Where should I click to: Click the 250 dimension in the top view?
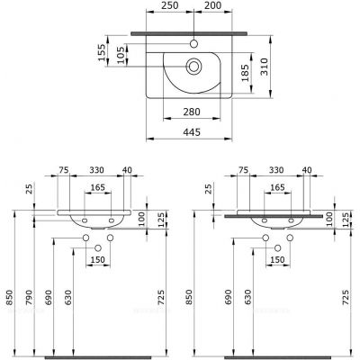tap(171, 5)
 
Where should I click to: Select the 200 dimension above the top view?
tap(213, 5)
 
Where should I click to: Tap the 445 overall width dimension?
tap(192, 132)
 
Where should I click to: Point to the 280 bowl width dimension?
tap(192, 112)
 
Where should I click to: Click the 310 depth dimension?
tap(264, 67)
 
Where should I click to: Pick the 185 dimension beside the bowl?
tap(246, 73)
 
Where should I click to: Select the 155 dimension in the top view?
tap(103, 52)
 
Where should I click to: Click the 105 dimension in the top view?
tap(121, 55)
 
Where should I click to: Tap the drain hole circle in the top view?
tap(193, 66)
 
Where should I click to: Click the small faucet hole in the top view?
tap(193, 44)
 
